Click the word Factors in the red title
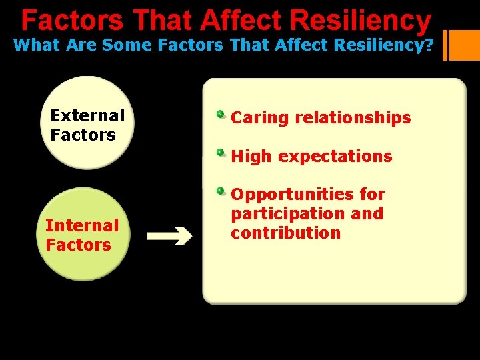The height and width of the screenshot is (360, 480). coord(72,20)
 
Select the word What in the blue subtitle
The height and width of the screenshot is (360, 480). coord(37,45)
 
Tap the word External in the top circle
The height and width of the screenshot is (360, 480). coord(87,115)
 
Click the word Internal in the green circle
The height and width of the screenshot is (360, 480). coord(81,225)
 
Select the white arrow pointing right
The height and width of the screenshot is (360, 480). coord(169,235)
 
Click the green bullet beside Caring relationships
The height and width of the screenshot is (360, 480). coord(220,114)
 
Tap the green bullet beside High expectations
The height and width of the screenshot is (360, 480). coord(220,153)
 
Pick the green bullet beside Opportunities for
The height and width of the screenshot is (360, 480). coord(220,191)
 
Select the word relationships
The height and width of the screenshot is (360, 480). coord(353,118)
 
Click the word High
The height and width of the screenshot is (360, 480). coord(251,157)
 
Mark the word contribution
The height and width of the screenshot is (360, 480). coord(285,233)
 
